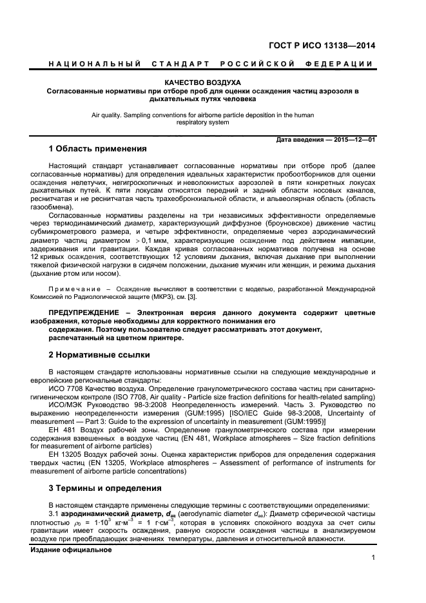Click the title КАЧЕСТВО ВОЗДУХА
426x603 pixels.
click(202, 83)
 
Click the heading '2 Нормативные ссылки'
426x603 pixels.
click(99, 354)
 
